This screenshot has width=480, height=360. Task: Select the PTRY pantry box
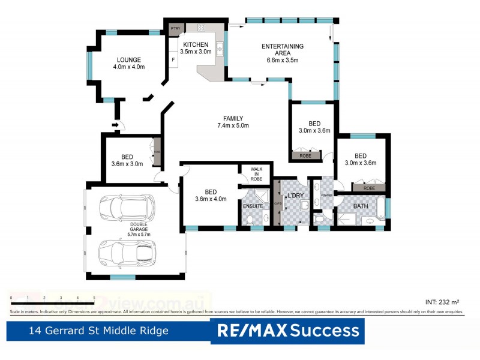click(x=176, y=28)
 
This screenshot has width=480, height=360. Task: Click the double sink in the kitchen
click(x=220, y=47)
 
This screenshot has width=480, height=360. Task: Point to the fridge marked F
click(x=173, y=60)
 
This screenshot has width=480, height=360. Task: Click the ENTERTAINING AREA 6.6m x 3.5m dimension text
click(x=283, y=60)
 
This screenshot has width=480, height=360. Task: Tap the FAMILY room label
click(x=233, y=118)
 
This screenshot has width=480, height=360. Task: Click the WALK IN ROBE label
click(x=256, y=175)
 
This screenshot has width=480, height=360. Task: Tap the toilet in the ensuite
click(x=249, y=220)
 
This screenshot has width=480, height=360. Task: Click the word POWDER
click(x=326, y=196)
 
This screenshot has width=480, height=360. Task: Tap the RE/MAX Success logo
click(x=287, y=330)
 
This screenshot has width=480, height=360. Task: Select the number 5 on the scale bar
click(x=94, y=298)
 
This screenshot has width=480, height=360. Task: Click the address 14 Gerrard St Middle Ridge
click(x=100, y=331)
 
